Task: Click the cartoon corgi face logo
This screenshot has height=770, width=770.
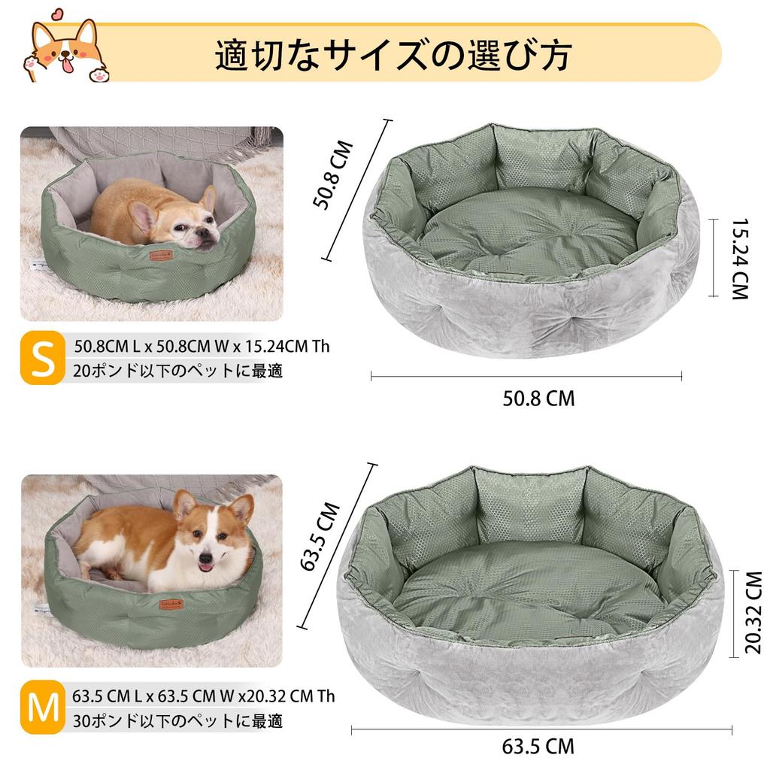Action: point(65,51)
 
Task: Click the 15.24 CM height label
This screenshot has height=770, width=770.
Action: point(740,259)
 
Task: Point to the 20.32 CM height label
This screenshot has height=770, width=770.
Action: point(752,613)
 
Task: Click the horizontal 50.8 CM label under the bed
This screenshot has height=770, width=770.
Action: point(538,398)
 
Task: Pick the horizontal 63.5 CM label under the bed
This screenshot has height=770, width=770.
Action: point(538,747)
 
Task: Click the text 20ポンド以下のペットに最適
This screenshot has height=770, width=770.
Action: point(178,371)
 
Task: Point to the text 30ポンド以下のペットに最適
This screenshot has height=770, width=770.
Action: point(178,720)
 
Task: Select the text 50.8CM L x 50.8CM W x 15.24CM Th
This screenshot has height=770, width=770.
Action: point(202,347)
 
